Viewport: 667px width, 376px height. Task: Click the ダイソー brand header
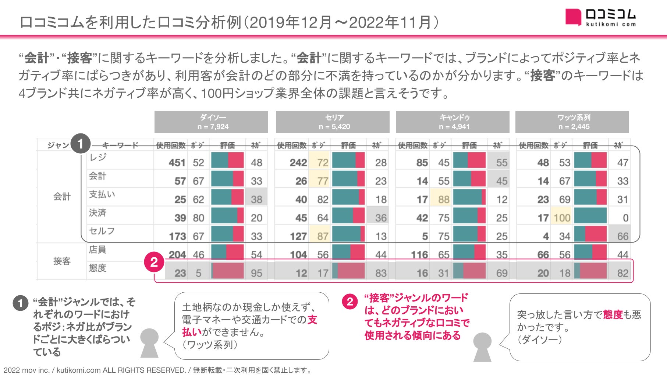coord(211,122)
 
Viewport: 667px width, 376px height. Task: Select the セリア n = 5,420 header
coord(333,122)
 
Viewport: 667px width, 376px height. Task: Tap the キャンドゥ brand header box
coord(453,122)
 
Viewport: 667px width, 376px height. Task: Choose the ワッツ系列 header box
coord(572,122)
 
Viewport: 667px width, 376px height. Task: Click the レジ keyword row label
coord(98,157)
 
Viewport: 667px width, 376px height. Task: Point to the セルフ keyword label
coord(102,231)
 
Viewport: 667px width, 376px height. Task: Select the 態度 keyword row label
coord(97,268)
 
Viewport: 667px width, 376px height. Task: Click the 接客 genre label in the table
coord(62,261)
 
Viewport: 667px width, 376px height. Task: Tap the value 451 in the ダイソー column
coord(177,163)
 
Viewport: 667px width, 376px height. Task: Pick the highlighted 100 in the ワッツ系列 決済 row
coord(562,218)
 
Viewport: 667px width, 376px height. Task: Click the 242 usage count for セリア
coord(298,163)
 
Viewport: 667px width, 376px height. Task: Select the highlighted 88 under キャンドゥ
coord(444,199)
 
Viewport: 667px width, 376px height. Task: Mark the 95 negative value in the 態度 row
coord(256,273)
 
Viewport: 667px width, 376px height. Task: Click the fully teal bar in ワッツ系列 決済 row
coord(590,216)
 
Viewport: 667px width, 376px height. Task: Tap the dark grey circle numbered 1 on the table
coord(81,144)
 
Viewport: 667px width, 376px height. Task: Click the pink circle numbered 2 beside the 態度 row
coord(154,262)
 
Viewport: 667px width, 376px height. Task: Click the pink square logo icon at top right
coord(573,17)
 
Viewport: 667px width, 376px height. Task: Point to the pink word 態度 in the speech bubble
coord(613,314)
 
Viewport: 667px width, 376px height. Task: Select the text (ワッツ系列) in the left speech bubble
coord(210,345)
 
